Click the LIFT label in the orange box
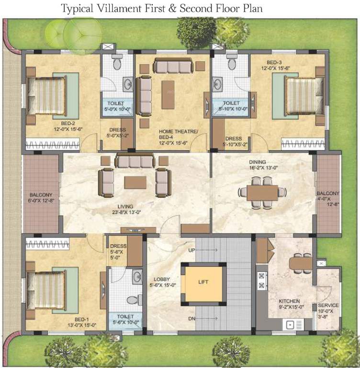coord(203,282)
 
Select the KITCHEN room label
coord(289,301)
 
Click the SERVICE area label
coord(328,306)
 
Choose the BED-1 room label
coord(81,319)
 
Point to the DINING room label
coord(257,162)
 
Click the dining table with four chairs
coord(262,192)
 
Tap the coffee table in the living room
coord(135,183)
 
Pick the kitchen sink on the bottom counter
coord(290,325)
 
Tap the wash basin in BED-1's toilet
coord(137,276)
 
